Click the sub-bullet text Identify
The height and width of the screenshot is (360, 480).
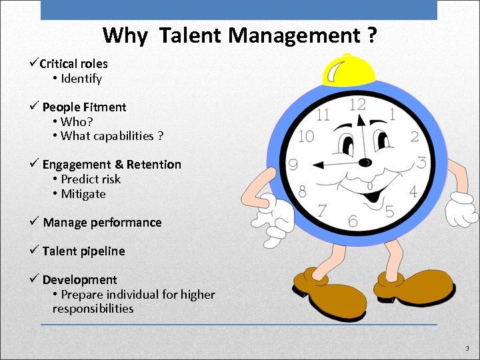point(81,79)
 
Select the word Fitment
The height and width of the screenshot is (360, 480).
point(104,107)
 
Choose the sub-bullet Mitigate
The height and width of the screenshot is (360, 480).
point(83,194)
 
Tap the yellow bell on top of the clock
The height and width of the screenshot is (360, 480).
point(348,69)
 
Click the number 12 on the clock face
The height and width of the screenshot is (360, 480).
point(357,105)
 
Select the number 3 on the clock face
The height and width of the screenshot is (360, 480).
point(421,162)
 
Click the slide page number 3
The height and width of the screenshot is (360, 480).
point(467,348)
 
